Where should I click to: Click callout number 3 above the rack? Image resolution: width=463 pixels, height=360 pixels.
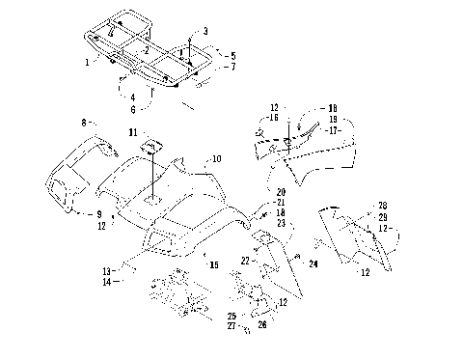pos(204,32)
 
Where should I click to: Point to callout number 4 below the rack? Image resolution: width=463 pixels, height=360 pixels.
pos(131,97)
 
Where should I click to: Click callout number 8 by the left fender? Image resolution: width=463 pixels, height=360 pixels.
pos(84,124)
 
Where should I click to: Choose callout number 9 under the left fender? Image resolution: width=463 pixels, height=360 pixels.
pos(98,213)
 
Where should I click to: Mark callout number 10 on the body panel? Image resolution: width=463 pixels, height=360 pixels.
pos(217,157)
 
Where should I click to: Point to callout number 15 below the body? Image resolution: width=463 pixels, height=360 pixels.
pos(214,263)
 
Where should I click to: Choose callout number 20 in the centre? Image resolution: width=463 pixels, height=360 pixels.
pos(280,193)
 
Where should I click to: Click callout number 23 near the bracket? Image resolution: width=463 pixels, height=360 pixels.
pos(280,223)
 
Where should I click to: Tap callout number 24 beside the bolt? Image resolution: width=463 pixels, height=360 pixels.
pos(313,263)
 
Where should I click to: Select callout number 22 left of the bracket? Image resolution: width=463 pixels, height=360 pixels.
pos(246,262)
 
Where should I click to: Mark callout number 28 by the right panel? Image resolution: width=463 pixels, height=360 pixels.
pos(383,205)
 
